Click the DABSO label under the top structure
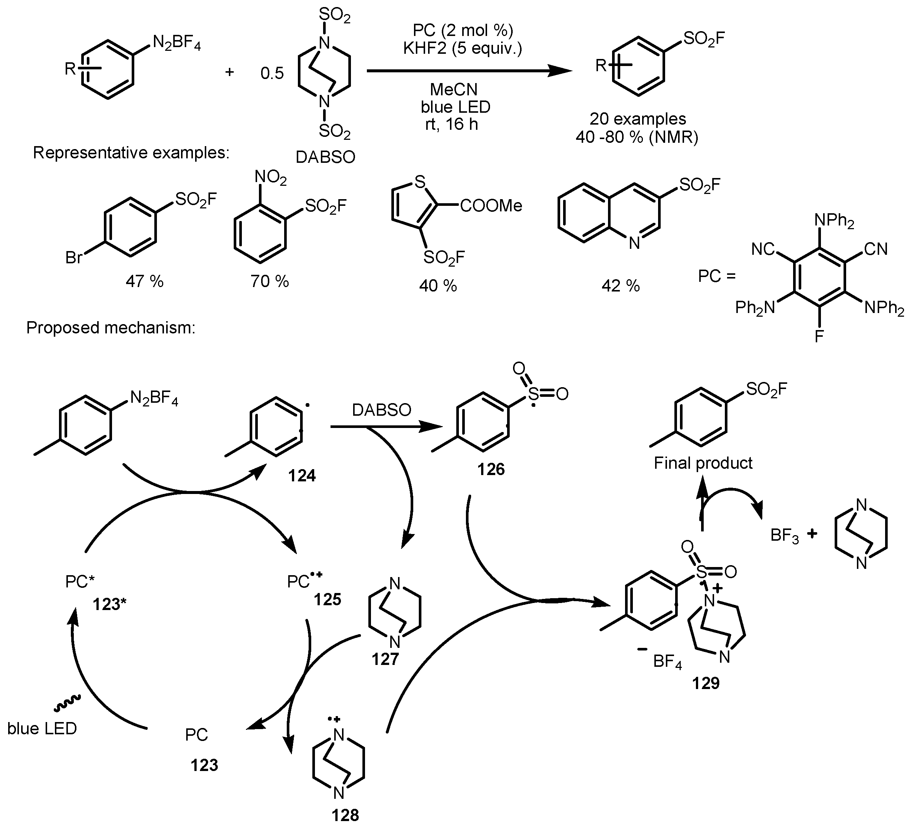coord(325,157)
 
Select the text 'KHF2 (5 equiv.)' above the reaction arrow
coord(462,48)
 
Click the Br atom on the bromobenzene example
coord(73,258)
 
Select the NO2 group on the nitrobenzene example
coord(270,177)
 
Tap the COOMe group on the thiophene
coord(491,206)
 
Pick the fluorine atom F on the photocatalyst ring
coord(819,337)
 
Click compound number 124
coord(302,476)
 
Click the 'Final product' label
coord(703,463)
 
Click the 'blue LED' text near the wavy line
coord(42,728)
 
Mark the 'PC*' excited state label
coord(79,581)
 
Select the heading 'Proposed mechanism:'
coord(111,327)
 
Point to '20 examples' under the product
coord(638,119)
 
